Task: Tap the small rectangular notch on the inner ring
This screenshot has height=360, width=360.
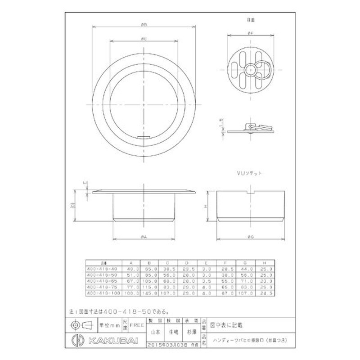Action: [x=144, y=135]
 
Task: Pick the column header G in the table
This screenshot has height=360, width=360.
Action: [x=245, y=262]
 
